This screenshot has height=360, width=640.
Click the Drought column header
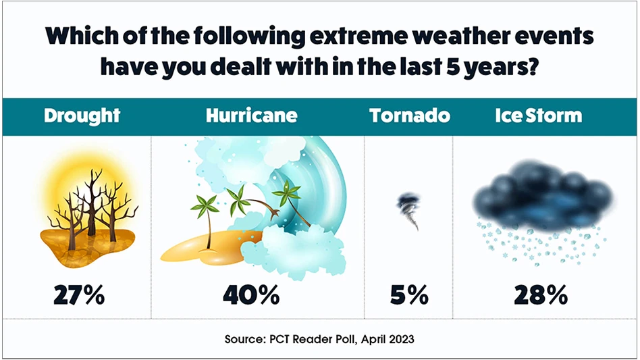[82, 115]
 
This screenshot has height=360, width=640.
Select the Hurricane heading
[251, 115]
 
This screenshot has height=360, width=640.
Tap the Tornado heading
[410, 115]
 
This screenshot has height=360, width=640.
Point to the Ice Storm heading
[538, 115]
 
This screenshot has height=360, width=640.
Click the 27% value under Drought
[80, 295]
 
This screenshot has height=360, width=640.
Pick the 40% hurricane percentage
[251, 295]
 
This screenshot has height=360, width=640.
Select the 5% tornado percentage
[409, 295]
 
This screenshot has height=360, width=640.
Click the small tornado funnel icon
[408, 210]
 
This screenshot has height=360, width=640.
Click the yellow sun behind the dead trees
[88, 186]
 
